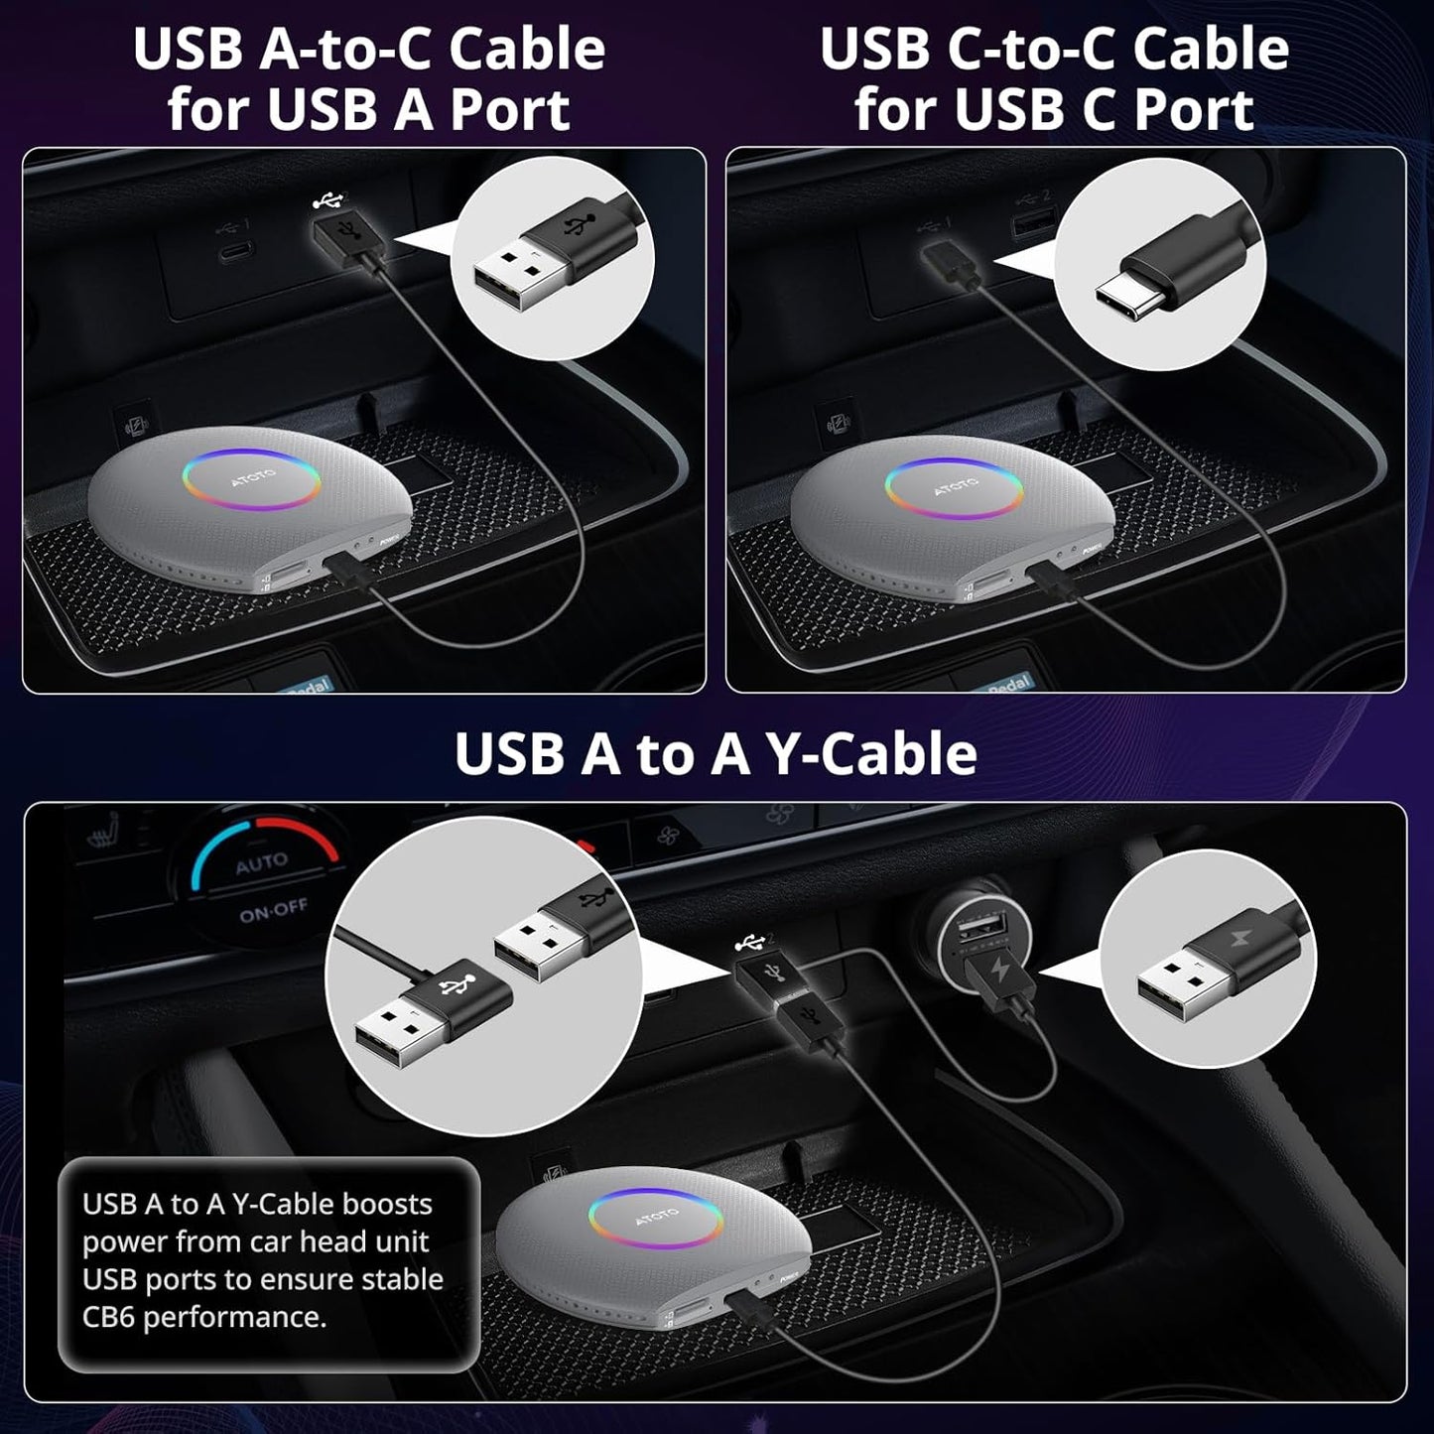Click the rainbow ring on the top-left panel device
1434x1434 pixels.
point(250,479)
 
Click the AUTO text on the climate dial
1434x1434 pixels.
point(261,864)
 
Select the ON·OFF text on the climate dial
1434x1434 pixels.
point(273,910)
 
